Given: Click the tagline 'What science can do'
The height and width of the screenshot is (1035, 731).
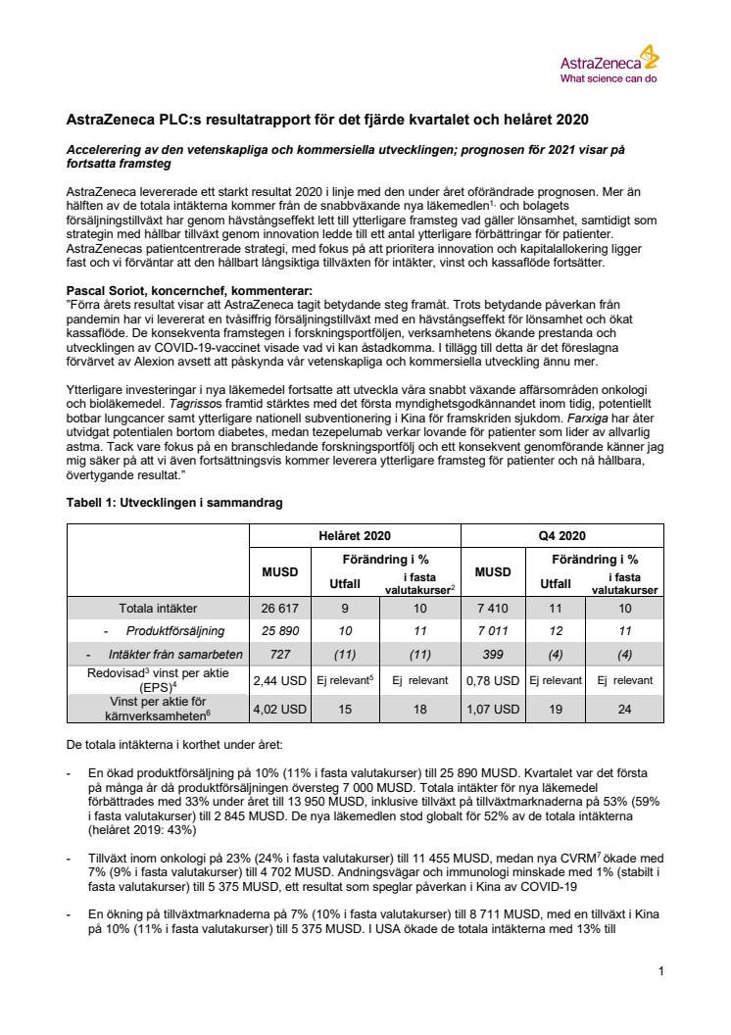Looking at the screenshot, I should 608,77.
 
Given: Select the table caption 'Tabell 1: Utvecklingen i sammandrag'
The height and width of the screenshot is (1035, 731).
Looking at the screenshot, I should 174,503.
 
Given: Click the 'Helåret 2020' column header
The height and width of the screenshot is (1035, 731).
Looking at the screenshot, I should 354,535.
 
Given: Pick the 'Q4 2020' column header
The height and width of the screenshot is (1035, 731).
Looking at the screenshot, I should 561,535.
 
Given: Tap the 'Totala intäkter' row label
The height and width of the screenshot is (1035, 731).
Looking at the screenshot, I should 158,608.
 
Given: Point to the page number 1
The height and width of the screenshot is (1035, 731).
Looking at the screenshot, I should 661,971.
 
